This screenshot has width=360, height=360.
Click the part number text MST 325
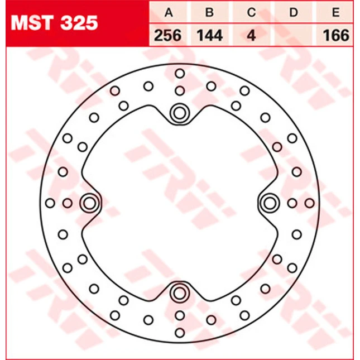pyautogui.click(x=54, y=23)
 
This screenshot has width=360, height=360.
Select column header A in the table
pyautogui.click(x=169, y=12)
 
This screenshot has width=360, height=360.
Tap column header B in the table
pyautogui.click(x=209, y=12)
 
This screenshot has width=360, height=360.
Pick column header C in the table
pyautogui.click(x=251, y=12)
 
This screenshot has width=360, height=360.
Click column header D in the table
pyautogui.click(x=294, y=12)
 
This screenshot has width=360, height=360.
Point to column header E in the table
pyautogui.click(x=335, y=12)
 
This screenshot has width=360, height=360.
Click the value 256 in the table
pyautogui.click(x=167, y=36)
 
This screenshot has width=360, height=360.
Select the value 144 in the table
pyautogui.click(x=210, y=36)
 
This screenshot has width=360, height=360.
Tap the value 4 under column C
pyautogui.click(x=252, y=36)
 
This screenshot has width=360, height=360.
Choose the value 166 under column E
pyautogui.click(x=336, y=36)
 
